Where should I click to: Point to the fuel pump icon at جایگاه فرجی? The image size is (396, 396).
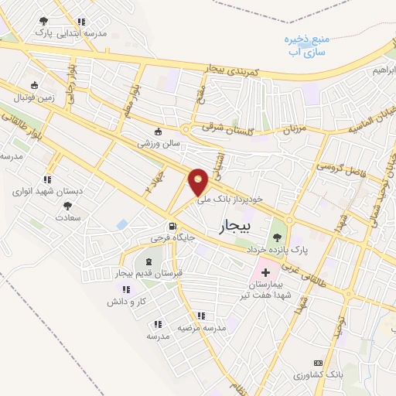click(161, 227)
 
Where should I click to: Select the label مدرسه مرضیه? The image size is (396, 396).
click(202, 328)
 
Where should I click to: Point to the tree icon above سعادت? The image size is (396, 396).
click(67, 206)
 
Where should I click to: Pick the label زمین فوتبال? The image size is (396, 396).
click(33, 97)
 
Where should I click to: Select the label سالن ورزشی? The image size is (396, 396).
click(159, 143)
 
